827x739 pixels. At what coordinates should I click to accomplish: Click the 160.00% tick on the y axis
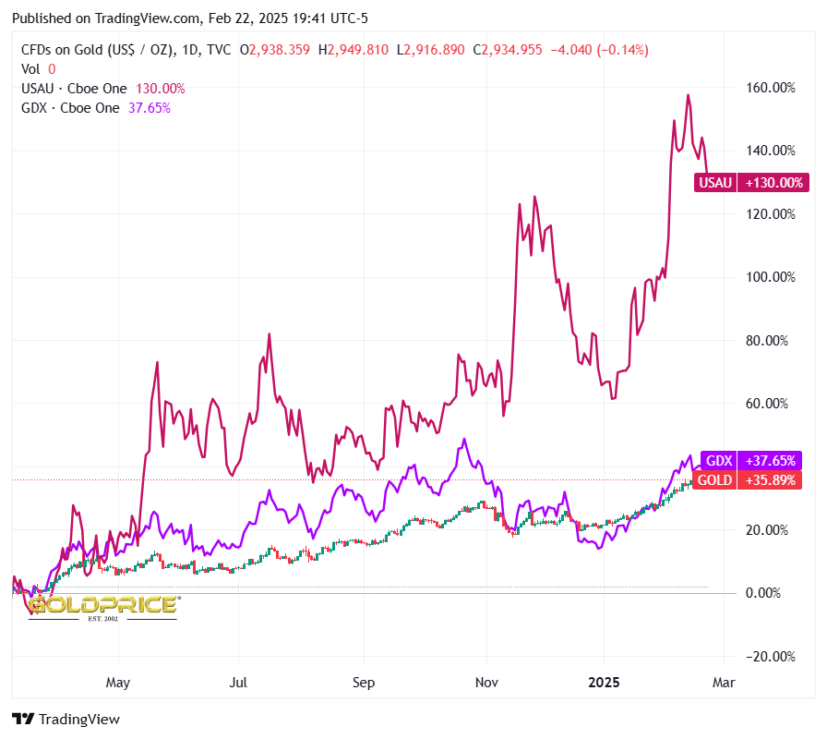tap(770, 88)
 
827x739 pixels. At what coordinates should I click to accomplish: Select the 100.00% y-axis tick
tap(770, 277)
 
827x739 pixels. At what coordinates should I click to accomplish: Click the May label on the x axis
tap(119, 684)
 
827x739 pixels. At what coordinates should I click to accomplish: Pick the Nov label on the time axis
tap(486, 684)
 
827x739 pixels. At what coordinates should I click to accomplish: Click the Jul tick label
tap(239, 684)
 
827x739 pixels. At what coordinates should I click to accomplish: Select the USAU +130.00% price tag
tap(751, 183)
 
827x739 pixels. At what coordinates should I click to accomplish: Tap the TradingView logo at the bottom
tap(66, 719)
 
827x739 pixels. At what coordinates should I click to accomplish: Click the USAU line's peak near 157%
tap(688, 95)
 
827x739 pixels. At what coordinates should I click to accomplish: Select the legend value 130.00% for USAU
tap(161, 89)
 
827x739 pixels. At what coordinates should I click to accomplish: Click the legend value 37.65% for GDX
tap(149, 107)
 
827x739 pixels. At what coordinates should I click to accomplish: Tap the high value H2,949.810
tap(354, 50)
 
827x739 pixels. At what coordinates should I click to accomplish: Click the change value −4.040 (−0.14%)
tap(599, 50)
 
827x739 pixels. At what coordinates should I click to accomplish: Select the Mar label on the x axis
tap(724, 684)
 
